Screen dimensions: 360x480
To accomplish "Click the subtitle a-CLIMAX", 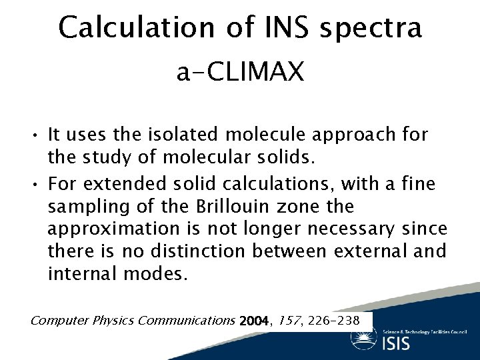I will pos(240,72).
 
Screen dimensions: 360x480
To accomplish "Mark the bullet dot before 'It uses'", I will pos(34,135).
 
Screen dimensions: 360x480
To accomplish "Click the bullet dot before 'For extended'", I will pos(34,183).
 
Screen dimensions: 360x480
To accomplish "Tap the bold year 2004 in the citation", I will pos(252,321).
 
